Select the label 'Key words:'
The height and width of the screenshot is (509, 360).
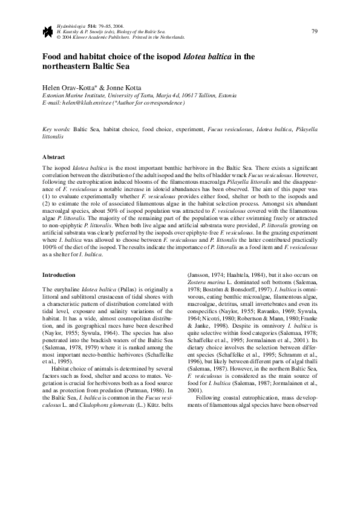[57, 129]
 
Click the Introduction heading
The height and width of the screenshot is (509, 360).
[59, 275]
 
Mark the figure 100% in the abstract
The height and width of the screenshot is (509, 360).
[51, 248]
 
